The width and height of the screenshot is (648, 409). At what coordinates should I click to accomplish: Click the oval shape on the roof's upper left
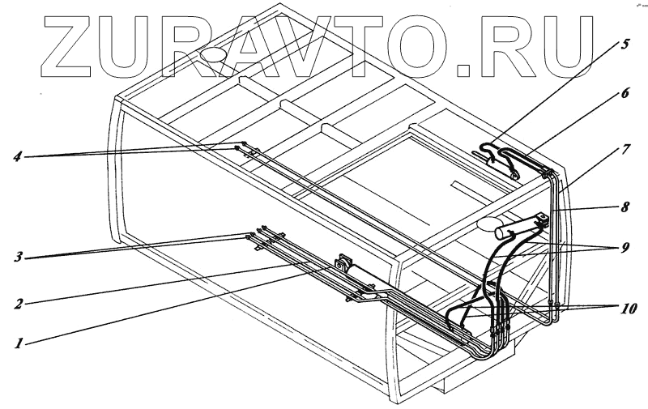click(215, 54)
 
